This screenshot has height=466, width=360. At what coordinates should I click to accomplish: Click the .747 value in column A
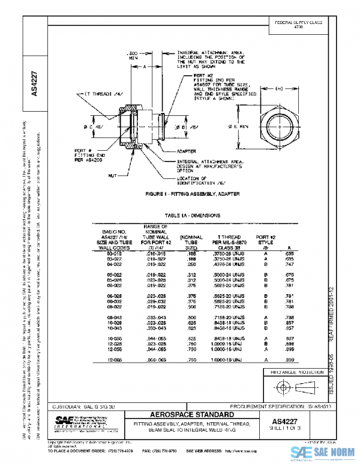[289, 264]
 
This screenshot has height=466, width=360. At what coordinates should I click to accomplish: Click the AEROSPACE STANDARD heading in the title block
[184, 415]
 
